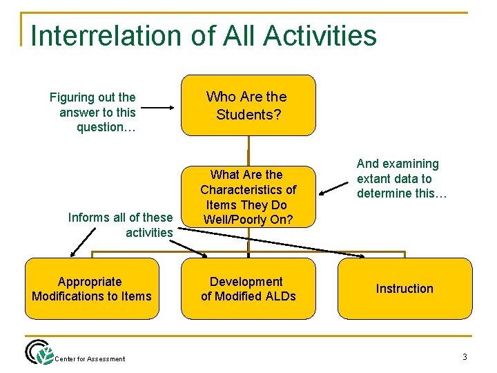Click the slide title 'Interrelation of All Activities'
pyautogui.click(x=204, y=36)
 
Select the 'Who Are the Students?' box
pyautogui.click(x=248, y=105)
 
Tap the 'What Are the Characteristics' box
pyautogui.click(x=248, y=197)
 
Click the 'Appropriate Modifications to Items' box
pyautogui.click(x=92, y=289)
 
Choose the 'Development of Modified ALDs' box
pyautogui.click(x=248, y=289)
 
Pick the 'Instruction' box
pyautogui.click(x=405, y=289)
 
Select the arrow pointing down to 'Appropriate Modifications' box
pyautogui.click(x=82, y=243)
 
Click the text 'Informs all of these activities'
pyautogui.click(x=121, y=224)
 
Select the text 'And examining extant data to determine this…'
pyautogui.click(x=400, y=179)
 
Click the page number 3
pyautogui.click(x=465, y=356)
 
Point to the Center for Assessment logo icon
pyautogui.click(x=39, y=352)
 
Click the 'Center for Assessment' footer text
pyautogui.click(x=90, y=358)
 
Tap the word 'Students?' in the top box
pyautogui.click(x=248, y=115)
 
